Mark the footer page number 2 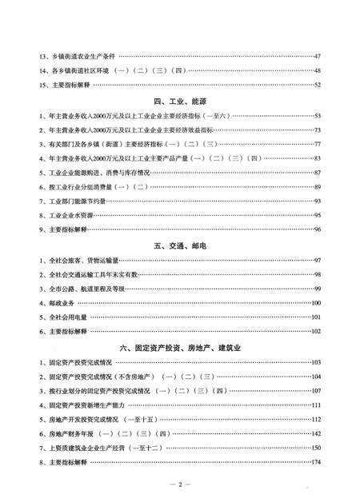click(x=180, y=484)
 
